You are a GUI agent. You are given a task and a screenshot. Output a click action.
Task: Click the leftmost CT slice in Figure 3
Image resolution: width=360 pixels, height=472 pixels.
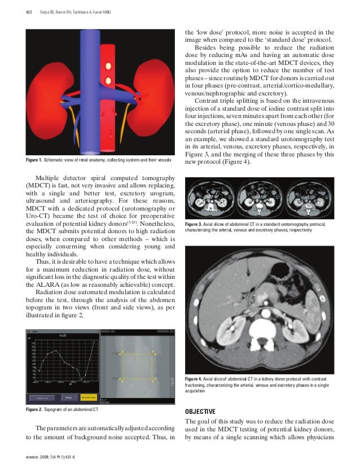[210, 198]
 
